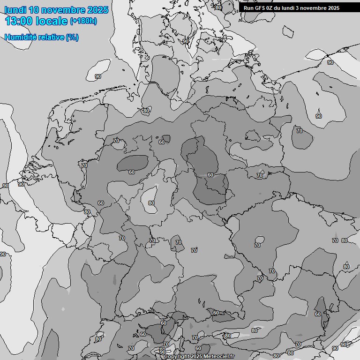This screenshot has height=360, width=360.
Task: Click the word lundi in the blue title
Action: (x=15, y=10)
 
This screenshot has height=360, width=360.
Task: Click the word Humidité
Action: (x=20, y=37)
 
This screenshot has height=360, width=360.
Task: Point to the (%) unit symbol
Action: (x=72, y=37)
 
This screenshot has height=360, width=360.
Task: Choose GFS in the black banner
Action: (x=260, y=8)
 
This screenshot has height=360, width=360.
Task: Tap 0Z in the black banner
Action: (x=270, y=8)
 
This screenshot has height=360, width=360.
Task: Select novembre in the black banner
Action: (x=315, y=8)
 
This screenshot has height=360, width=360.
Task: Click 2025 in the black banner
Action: (x=333, y=8)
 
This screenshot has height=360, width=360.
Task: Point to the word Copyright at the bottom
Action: (x=177, y=357)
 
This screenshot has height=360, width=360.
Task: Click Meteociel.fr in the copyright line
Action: (x=219, y=357)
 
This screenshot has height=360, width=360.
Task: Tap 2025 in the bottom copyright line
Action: (x=196, y=357)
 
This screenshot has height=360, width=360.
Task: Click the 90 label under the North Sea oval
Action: (x=98, y=76)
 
